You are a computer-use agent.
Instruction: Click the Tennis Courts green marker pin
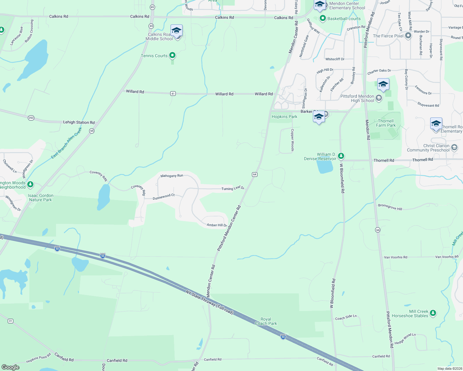[x=172, y=55]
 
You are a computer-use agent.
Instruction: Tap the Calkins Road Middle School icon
[x=176, y=31]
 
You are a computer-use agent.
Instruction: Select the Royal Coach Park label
[x=266, y=321]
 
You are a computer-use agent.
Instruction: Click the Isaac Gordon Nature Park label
[x=41, y=198]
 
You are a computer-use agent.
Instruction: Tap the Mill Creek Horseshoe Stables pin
[x=433, y=313]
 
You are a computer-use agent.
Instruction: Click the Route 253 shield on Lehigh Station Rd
[x=31, y=118]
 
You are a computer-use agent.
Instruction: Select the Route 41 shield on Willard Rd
[x=173, y=93]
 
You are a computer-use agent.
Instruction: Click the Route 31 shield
[x=11, y=321]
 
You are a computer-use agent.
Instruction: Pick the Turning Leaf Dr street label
[x=233, y=188]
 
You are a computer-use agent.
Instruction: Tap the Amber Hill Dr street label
[x=217, y=225]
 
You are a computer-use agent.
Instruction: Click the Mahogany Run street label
[x=172, y=176]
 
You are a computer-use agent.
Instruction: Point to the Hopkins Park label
[x=284, y=117]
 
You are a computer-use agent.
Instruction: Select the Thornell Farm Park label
[x=386, y=123]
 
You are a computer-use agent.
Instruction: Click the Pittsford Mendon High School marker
[x=379, y=98]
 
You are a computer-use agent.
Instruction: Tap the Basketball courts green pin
[x=323, y=19]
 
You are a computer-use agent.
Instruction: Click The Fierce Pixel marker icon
[x=408, y=36]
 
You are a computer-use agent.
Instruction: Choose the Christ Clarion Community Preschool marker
[x=454, y=147]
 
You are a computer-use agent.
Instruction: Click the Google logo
[x=11, y=367]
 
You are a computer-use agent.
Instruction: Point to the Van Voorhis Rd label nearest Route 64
[x=396, y=257]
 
